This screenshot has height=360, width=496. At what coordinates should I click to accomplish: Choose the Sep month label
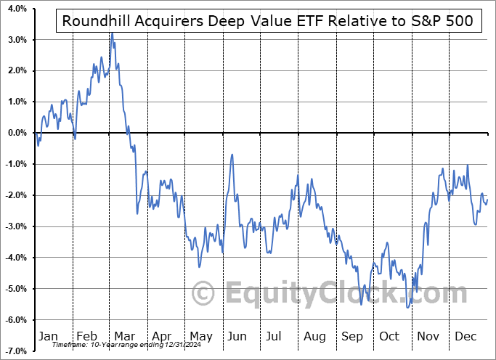coord(351,336)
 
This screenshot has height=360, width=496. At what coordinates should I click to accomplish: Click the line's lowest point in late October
coord(409,308)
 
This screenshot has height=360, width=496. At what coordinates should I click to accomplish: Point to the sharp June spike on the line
coord(232,155)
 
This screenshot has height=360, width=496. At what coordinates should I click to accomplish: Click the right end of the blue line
coord(487,200)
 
